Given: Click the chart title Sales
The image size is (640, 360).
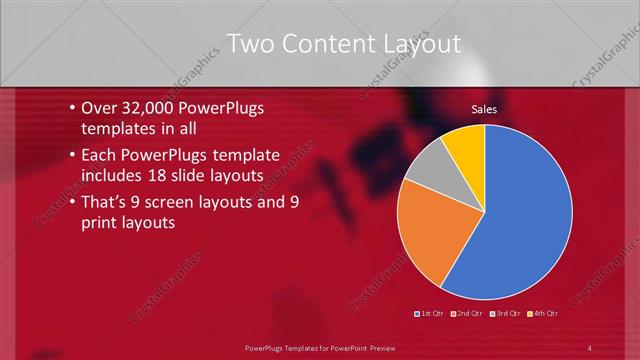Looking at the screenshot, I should (484, 109).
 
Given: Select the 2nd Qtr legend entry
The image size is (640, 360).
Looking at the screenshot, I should (468, 313).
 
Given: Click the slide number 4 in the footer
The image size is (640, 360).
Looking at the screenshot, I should (590, 347).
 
